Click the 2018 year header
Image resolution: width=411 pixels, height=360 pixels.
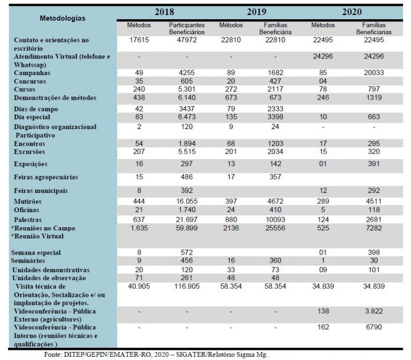click(x=164, y=12)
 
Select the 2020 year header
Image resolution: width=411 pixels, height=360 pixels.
click(x=352, y=12)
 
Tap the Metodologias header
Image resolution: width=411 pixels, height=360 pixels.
click(x=63, y=18)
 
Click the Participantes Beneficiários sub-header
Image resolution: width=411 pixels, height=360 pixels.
click(x=187, y=28)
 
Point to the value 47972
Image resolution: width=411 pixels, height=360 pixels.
click(x=187, y=40)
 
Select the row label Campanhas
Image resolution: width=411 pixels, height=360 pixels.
click(x=32, y=73)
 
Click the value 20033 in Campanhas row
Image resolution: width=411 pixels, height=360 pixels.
click(x=374, y=73)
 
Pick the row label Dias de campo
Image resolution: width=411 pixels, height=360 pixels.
click(x=36, y=109)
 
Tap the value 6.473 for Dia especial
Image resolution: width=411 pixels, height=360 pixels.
click(x=187, y=117)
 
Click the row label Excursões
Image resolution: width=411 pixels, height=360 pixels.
click(x=29, y=152)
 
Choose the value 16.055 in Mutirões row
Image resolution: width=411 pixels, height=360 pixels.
click(x=187, y=201)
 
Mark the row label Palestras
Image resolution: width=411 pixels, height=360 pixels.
click(x=28, y=220)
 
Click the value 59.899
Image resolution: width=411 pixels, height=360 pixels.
click(x=187, y=228)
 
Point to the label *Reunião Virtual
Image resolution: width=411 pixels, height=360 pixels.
click(x=37, y=236)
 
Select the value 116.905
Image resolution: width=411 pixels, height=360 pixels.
click(x=187, y=286)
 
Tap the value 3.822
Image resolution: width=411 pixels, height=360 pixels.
click(x=374, y=311)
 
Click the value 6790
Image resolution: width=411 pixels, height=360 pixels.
click(x=374, y=327)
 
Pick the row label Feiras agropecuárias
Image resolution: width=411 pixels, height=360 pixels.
click(x=46, y=177)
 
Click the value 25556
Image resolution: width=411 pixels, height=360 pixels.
click(x=275, y=228)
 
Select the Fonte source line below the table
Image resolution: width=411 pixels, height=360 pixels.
click(x=156, y=355)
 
